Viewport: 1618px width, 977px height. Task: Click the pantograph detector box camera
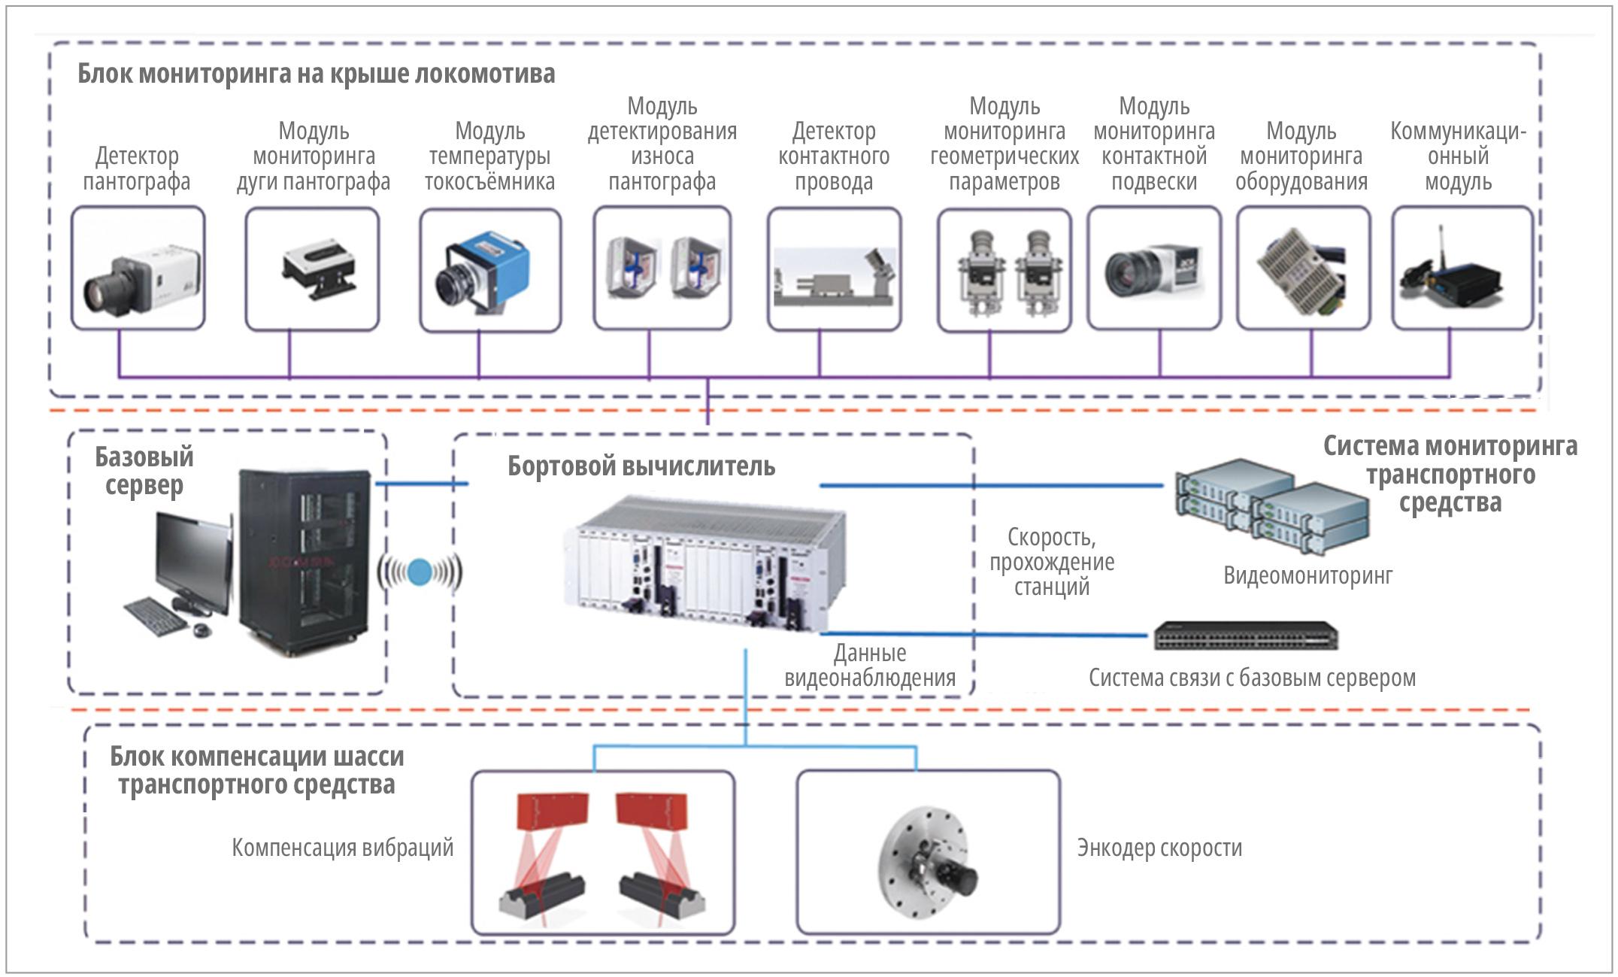(138, 278)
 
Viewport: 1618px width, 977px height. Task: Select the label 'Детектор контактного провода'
(834, 157)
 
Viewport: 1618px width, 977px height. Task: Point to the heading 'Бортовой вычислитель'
(641, 466)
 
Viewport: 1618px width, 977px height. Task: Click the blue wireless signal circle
(420, 572)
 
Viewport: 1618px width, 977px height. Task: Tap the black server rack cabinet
(305, 560)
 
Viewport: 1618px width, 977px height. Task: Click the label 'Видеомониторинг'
(1307, 575)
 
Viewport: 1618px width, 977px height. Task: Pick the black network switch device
(1246, 636)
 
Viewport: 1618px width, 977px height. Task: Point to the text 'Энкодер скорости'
(1159, 848)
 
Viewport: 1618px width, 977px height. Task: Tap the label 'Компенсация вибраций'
(342, 848)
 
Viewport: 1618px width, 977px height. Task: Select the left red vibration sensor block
(553, 812)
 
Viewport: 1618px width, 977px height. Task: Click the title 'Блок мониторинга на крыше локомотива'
(316, 74)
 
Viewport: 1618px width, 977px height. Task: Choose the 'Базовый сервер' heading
(144, 471)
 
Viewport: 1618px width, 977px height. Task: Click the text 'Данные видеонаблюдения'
(870, 665)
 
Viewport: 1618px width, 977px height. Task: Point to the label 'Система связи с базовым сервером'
(1252, 678)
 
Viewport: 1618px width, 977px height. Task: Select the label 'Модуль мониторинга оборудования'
(1301, 157)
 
